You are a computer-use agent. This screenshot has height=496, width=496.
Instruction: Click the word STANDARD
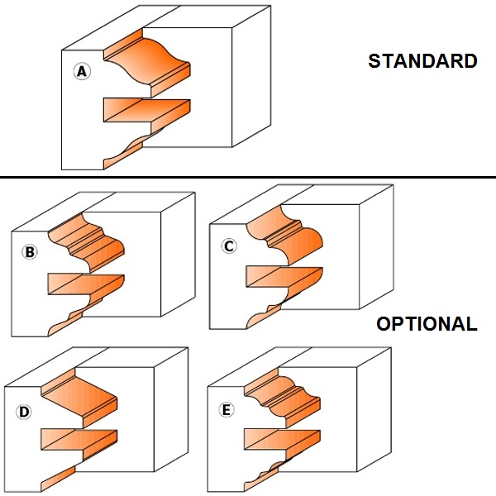(422, 61)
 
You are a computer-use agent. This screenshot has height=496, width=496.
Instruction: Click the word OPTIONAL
(427, 324)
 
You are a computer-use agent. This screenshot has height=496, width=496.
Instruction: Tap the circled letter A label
(81, 72)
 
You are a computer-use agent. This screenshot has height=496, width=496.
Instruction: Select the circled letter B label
(30, 253)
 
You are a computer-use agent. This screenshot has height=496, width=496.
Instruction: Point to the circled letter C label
(230, 246)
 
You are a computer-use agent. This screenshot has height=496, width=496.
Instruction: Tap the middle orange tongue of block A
(145, 110)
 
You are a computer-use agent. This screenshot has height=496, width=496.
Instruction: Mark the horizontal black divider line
(248, 178)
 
